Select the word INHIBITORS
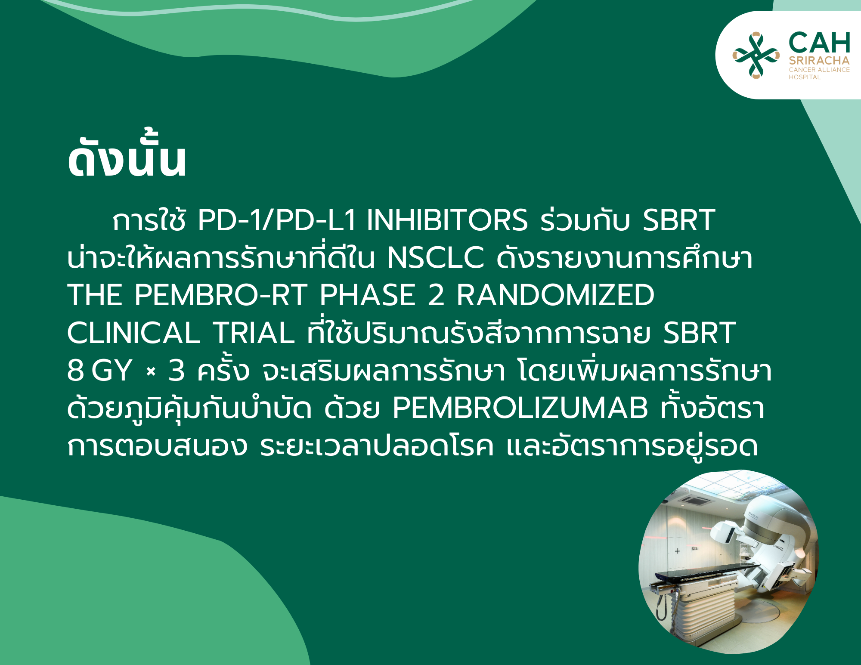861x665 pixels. click(x=447, y=220)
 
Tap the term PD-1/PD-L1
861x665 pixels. click(x=276, y=220)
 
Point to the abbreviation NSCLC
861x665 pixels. click(x=435, y=258)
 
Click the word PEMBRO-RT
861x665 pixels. click(x=220, y=295)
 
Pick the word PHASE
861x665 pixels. click(x=367, y=295)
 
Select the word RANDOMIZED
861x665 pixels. click(x=555, y=295)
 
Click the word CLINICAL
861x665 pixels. click(x=133, y=333)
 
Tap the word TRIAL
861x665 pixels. click(x=254, y=333)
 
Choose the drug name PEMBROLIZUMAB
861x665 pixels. click(x=520, y=408)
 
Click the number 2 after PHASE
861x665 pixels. click(x=436, y=295)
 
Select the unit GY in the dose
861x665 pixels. click(x=111, y=370)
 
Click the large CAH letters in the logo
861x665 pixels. click(x=819, y=43)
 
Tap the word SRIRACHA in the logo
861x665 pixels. click(x=819, y=61)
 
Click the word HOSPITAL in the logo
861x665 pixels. click(x=805, y=77)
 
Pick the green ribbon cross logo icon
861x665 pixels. click(x=756, y=55)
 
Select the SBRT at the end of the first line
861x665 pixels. click(x=679, y=220)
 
